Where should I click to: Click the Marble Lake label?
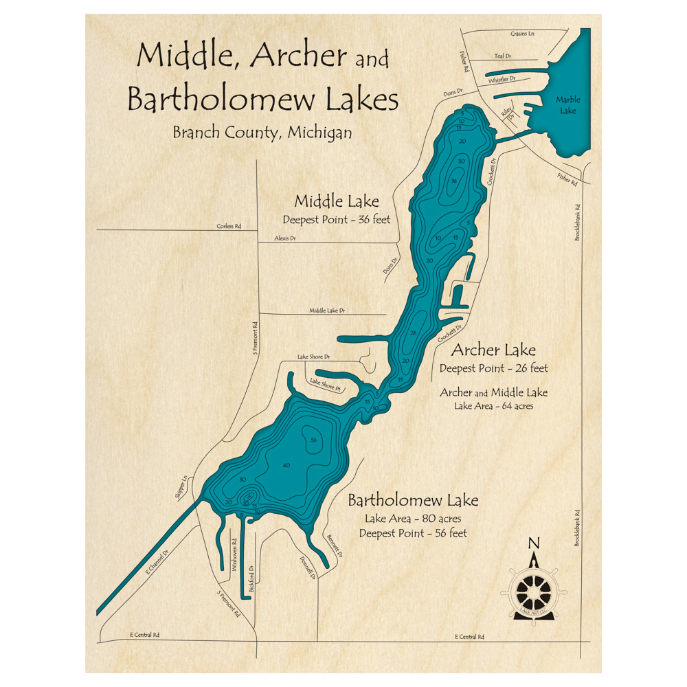[x=567, y=105]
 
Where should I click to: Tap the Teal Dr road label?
[x=503, y=56]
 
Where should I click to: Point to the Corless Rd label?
[x=229, y=225]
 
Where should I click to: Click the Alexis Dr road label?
[x=285, y=238]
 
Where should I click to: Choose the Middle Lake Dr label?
[x=327, y=311]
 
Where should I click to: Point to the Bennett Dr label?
[x=335, y=545]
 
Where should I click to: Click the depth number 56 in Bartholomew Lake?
[x=313, y=440]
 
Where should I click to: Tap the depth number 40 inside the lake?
[x=286, y=466]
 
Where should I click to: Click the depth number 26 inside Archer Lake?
[x=413, y=333]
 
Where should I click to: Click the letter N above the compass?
[x=533, y=543]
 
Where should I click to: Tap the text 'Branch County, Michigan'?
[x=262, y=132]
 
